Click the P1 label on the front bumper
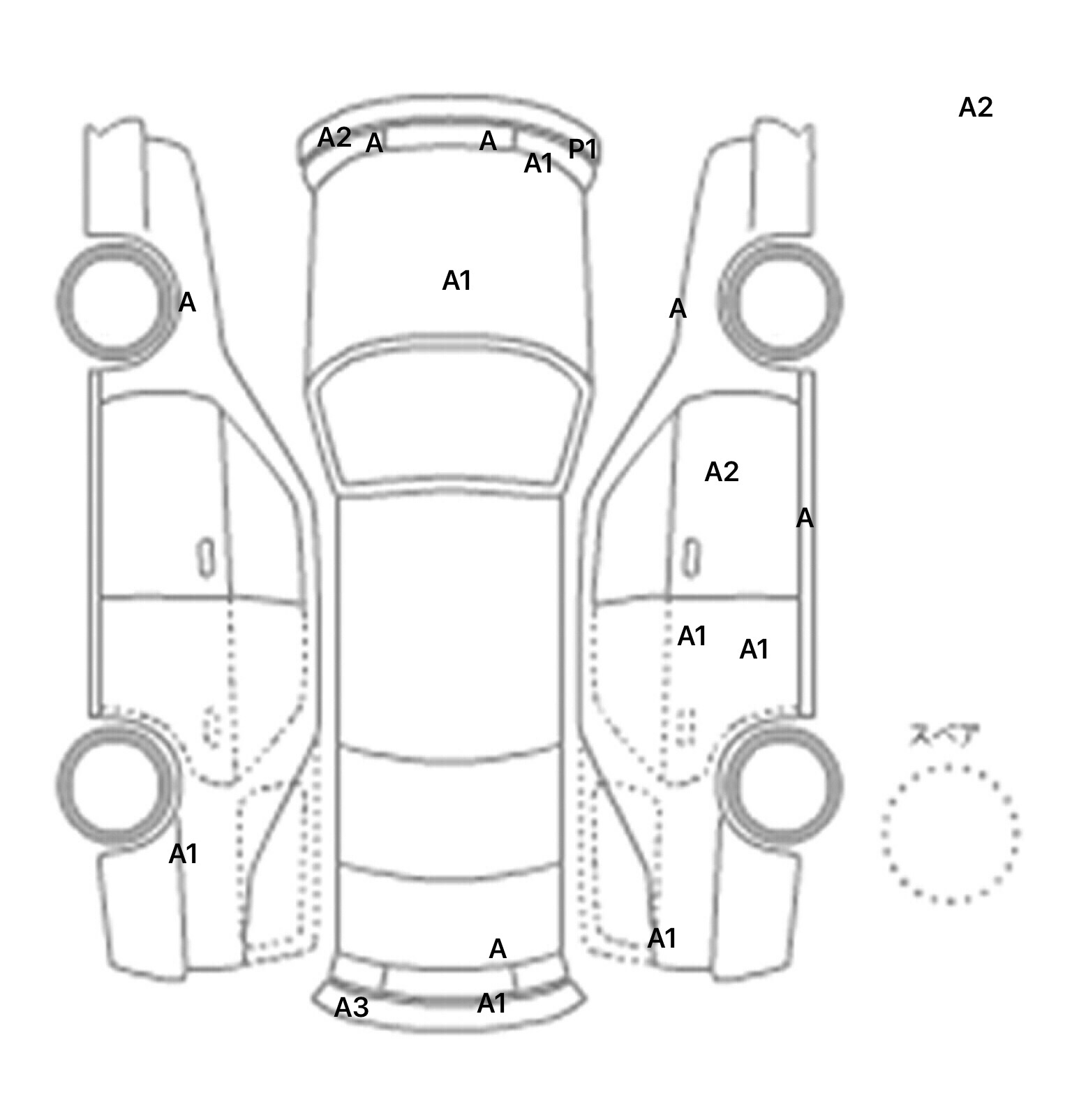pos(583,149)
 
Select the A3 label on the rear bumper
pos(351,1007)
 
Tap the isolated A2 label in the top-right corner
pos(975,108)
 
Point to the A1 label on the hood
pos(457,281)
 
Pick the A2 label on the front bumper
pos(334,138)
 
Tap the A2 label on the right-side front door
pos(722,472)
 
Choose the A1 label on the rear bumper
pos(491,1004)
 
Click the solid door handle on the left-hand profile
pos(206,557)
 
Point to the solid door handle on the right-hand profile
pos(692,557)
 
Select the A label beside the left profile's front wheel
pos(187,302)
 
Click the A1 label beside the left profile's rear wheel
pos(184,853)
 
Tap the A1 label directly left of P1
pos(538,163)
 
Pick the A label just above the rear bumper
pos(498,948)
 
